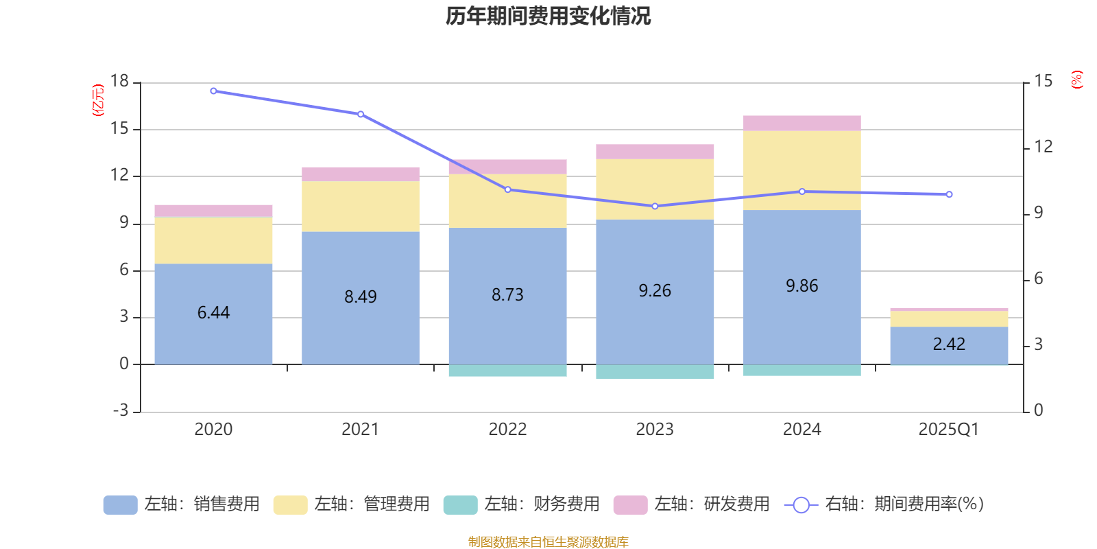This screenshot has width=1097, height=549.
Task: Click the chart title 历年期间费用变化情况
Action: [x=548, y=16]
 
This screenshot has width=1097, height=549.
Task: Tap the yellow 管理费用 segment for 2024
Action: [x=802, y=170]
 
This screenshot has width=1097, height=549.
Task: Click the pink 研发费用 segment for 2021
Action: [x=361, y=174]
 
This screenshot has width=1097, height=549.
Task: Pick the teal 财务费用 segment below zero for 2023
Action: [x=655, y=371]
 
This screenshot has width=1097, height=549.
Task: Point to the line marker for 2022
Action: [x=508, y=189]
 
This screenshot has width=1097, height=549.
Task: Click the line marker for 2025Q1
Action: [x=949, y=194]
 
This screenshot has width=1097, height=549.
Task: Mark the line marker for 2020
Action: [x=213, y=91]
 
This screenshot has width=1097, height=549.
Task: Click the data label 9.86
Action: [x=802, y=286]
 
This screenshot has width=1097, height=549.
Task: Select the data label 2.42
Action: [x=949, y=344]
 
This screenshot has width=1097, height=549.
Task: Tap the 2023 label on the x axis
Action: [x=655, y=430]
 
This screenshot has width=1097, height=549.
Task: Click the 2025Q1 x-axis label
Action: [x=949, y=430]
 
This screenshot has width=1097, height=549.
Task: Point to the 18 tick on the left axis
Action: [x=120, y=82]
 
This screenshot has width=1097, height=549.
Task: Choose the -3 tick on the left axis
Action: [x=121, y=410]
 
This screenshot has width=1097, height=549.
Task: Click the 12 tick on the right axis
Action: [x=1044, y=147]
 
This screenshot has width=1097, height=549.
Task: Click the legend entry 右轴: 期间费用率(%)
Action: [x=884, y=504]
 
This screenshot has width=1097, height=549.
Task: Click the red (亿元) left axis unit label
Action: [x=98, y=100]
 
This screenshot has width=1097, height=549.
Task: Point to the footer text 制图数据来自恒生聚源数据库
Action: [x=548, y=542]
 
